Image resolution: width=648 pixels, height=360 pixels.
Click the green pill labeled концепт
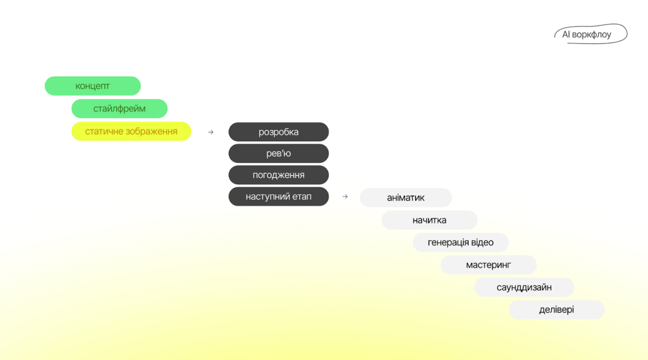pyautogui.click(x=93, y=86)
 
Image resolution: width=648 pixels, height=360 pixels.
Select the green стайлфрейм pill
pyautogui.click(x=119, y=109)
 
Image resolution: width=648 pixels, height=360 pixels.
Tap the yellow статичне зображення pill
pyautogui.click(x=131, y=131)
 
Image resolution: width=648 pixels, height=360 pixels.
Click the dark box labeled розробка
pyautogui.click(x=278, y=132)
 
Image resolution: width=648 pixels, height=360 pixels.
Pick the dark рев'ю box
pyautogui.click(x=278, y=154)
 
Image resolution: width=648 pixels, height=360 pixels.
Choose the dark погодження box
pyautogui.click(x=278, y=175)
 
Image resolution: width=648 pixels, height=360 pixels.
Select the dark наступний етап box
pyautogui.click(x=278, y=197)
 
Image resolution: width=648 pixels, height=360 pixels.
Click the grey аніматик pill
pyautogui.click(x=405, y=198)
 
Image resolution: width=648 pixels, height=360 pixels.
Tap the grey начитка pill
pyautogui.click(x=429, y=220)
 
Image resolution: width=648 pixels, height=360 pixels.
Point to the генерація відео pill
pyautogui.click(x=460, y=242)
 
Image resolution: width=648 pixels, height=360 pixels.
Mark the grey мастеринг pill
pyautogui.click(x=488, y=265)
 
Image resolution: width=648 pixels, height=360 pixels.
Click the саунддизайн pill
pyautogui.click(x=524, y=287)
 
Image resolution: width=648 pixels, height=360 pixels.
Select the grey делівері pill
pyautogui.click(x=556, y=310)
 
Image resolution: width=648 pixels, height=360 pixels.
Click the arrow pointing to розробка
pyautogui.click(x=211, y=132)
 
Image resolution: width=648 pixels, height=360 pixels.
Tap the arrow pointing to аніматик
pyautogui.click(x=345, y=197)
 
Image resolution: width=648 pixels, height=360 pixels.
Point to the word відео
pyautogui.click(x=482, y=242)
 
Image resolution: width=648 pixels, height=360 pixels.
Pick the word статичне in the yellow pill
pyautogui.click(x=102, y=131)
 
